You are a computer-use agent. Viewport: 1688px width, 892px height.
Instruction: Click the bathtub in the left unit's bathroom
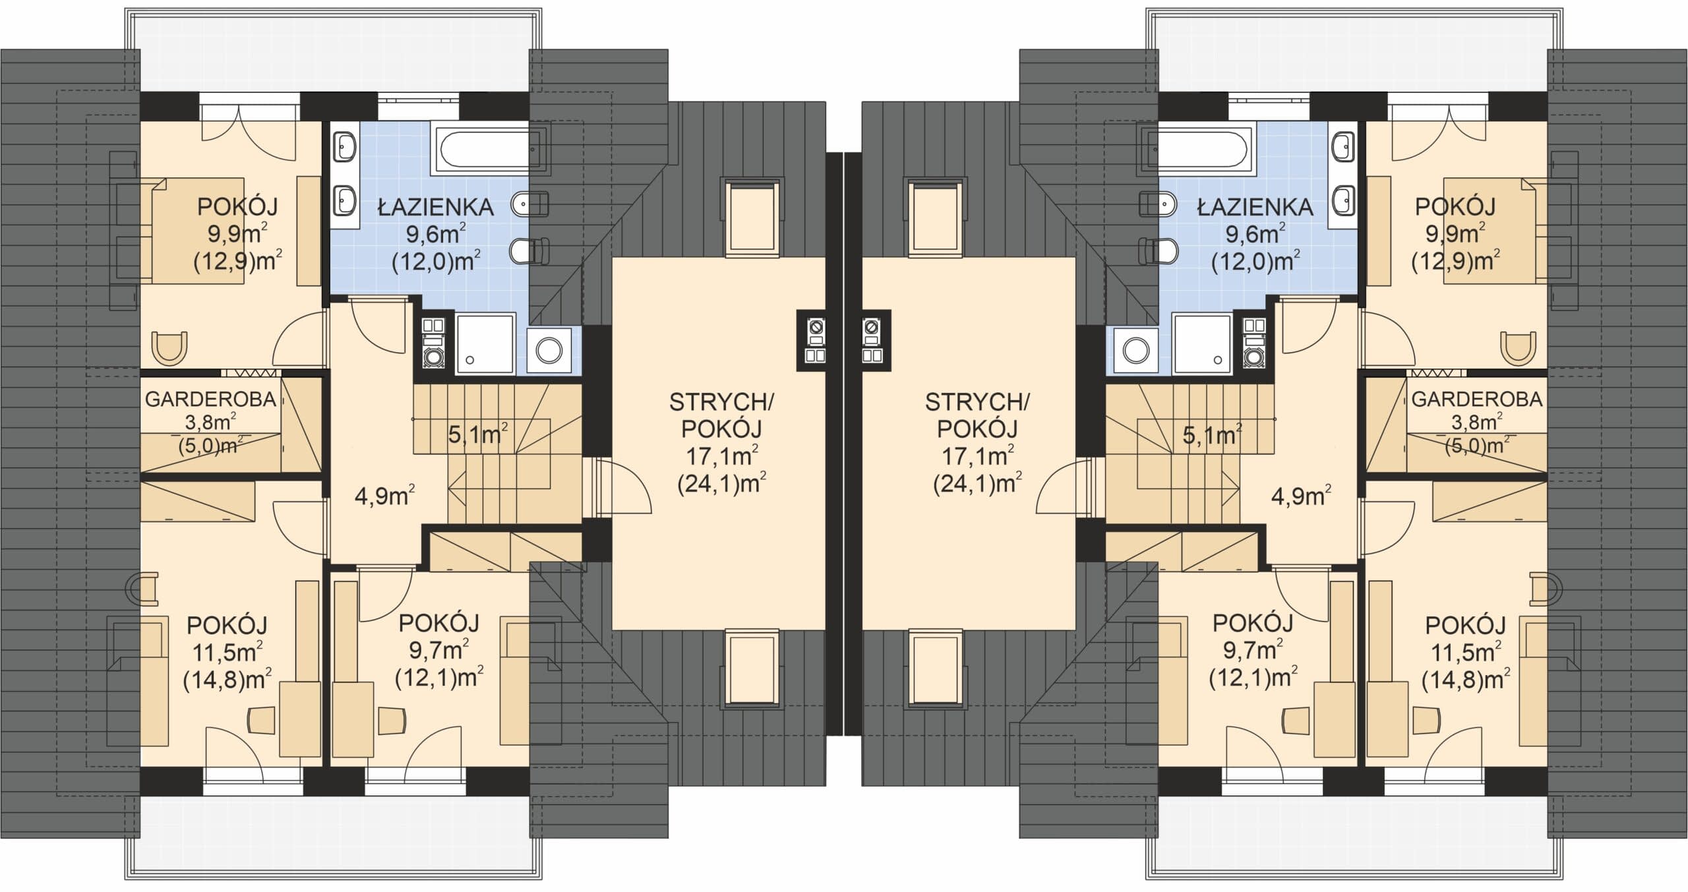(x=490, y=147)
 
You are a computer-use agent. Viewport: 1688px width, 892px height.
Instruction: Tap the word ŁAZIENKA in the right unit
(x=1255, y=208)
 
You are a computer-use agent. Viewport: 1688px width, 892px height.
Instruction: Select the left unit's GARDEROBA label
(x=210, y=400)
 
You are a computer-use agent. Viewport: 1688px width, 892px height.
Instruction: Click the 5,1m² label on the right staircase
(x=1212, y=435)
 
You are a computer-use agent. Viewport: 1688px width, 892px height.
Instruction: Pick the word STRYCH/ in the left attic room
(x=721, y=402)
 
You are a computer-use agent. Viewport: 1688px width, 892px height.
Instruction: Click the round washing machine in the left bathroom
(x=549, y=351)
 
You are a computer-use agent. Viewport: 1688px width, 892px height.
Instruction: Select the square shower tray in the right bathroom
(x=1201, y=343)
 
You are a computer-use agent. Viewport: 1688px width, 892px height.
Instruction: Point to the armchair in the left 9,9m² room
(x=169, y=348)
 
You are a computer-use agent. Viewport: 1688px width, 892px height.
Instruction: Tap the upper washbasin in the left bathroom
(x=344, y=145)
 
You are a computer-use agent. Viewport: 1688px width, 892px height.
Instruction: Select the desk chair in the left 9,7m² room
(x=391, y=720)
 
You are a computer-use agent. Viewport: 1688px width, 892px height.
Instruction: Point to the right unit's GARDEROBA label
(x=1477, y=400)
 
